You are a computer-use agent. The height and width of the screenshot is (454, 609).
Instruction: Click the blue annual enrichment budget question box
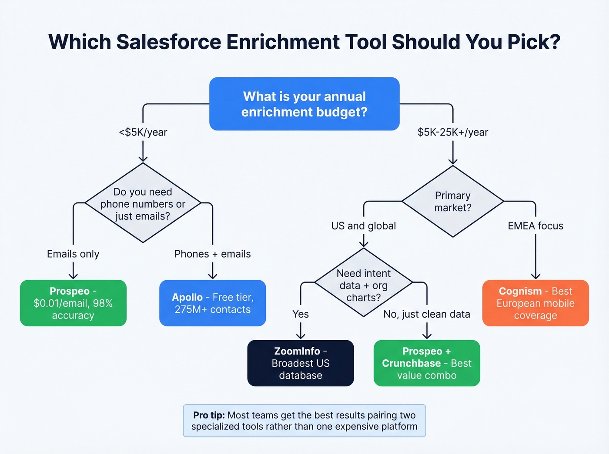pos(304,104)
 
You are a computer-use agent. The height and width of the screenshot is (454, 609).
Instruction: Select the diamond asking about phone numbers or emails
pos(143,203)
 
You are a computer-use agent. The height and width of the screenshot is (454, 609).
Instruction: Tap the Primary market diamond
pos(452,202)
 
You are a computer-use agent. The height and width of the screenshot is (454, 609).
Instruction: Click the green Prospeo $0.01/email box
pos(73,303)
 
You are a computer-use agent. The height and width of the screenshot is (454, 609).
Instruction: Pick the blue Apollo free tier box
pos(212,303)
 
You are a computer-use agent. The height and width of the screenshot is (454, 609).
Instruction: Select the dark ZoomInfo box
pos(300,363)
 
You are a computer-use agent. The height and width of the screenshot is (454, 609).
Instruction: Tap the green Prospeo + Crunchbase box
pos(426,363)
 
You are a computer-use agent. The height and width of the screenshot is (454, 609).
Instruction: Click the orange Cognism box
pos(535,303)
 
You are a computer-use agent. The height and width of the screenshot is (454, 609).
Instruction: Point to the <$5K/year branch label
pos(143,132)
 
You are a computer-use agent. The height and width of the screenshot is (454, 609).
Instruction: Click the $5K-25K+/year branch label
pos(452,132)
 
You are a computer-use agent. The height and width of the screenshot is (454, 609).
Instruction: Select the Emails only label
pos(73,254)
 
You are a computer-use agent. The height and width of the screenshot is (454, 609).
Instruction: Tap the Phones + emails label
pos(212,254)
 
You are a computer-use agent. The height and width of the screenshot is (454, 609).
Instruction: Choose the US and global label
pos(364,226)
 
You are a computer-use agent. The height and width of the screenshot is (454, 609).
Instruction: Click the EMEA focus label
pos(535,226)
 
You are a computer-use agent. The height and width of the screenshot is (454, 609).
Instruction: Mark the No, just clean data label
pos(426,314)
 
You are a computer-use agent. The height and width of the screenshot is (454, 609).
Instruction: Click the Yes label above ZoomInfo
pos(300,314)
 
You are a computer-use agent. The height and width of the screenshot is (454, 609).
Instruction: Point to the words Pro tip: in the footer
pos(209,415)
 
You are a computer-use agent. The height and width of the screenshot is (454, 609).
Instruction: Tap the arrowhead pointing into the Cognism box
pos(535,276)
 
